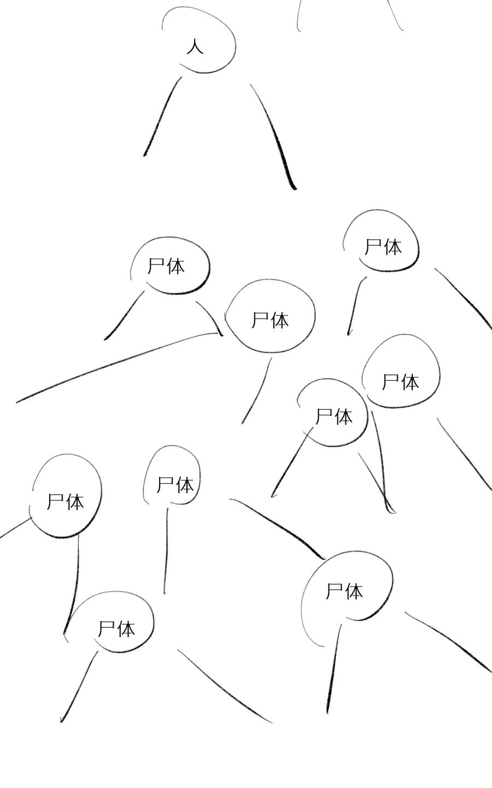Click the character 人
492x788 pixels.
195,47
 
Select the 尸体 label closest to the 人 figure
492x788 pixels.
167,266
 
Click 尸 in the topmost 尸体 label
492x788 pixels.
373,247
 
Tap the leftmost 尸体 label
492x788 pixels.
66,501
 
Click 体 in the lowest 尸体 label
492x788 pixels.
126,629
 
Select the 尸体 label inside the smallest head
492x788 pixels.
175,484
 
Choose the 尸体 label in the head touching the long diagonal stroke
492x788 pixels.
270,320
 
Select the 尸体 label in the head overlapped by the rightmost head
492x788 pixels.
334,417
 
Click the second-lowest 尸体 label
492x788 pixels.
344,591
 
